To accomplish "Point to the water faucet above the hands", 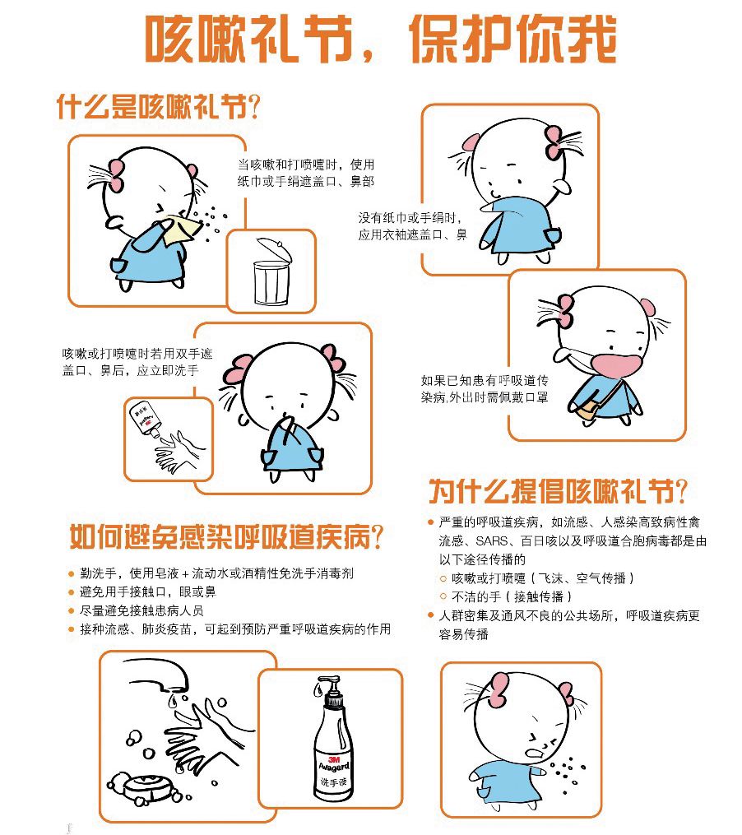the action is (x=157, y=674).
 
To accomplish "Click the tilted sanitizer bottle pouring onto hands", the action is (x=143, y=419).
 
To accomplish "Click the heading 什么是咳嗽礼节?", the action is (x=158, y=106).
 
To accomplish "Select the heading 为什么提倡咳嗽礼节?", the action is (x=558, y=490).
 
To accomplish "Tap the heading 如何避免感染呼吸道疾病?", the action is (x=226, y=536).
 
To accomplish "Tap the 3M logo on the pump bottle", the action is (x=334, y=758).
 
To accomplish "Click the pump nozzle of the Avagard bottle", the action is (x=325, y=682).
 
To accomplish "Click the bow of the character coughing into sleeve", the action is (x=554, y=142).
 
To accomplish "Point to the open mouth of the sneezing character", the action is (x=533, y=754).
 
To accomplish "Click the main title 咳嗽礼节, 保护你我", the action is (x=380, y=39).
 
